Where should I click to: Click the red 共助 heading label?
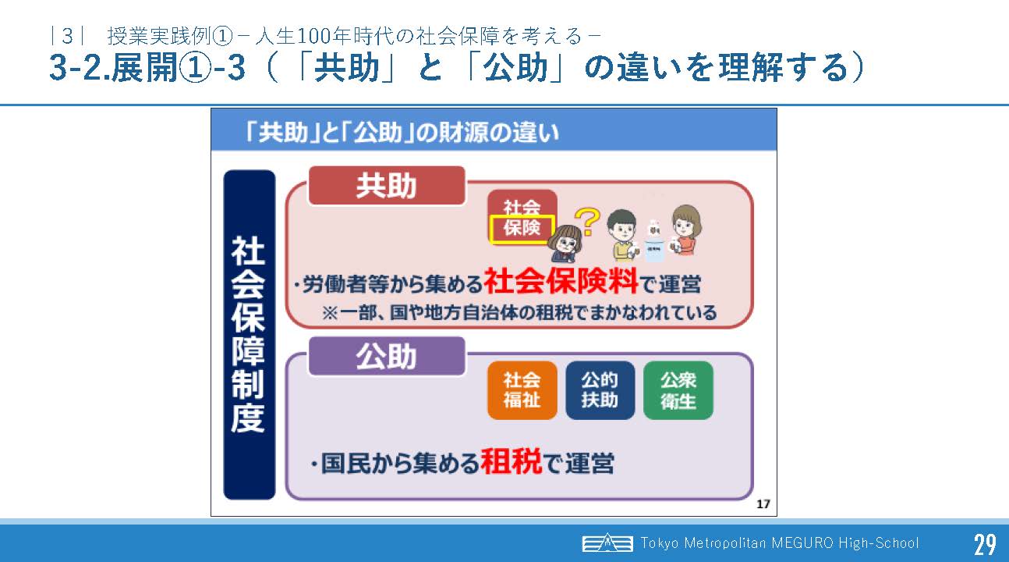point(387,186)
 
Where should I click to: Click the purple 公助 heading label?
point(387,357)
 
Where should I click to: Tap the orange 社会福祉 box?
point(522,390)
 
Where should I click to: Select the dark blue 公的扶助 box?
point(600,390)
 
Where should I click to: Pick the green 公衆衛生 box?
point(678,390)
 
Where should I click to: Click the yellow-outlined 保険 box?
point(522,229)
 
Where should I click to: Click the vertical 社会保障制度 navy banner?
point(249,335)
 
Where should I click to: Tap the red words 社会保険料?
point(561,282)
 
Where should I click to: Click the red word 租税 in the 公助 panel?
point(512,461)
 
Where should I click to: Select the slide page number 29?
point(985,544)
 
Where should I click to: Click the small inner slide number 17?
point(763,503)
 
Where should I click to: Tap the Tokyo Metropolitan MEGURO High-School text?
point(779,542)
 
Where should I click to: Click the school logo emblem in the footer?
point(607,542)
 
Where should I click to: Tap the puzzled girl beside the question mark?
point(566,244)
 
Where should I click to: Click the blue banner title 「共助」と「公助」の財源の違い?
point(402,133)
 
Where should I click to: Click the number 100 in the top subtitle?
point(314,36)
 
